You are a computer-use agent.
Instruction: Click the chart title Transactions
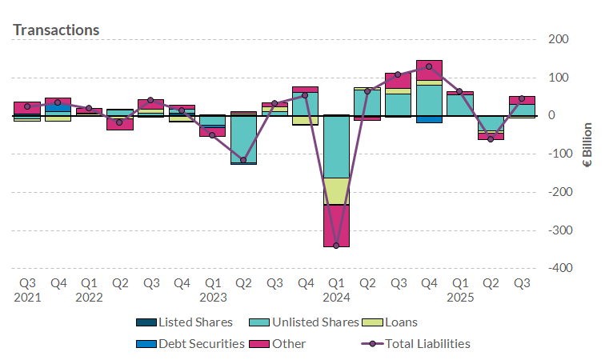[56, 30]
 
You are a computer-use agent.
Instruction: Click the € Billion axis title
[587, 145]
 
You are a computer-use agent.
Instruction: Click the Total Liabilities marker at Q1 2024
[336, 246]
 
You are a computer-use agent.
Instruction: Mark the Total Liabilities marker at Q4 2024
[429, 66]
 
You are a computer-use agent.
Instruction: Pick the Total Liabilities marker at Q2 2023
[243, 160]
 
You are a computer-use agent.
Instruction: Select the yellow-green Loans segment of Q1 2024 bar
[336, 191]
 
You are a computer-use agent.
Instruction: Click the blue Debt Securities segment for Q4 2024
[429, 119]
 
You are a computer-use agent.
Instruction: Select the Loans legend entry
[399, 322]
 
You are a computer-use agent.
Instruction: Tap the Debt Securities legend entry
[193, 344]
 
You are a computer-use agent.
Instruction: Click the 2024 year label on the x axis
[336, 298]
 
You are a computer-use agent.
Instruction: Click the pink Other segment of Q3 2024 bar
[399, 80]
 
